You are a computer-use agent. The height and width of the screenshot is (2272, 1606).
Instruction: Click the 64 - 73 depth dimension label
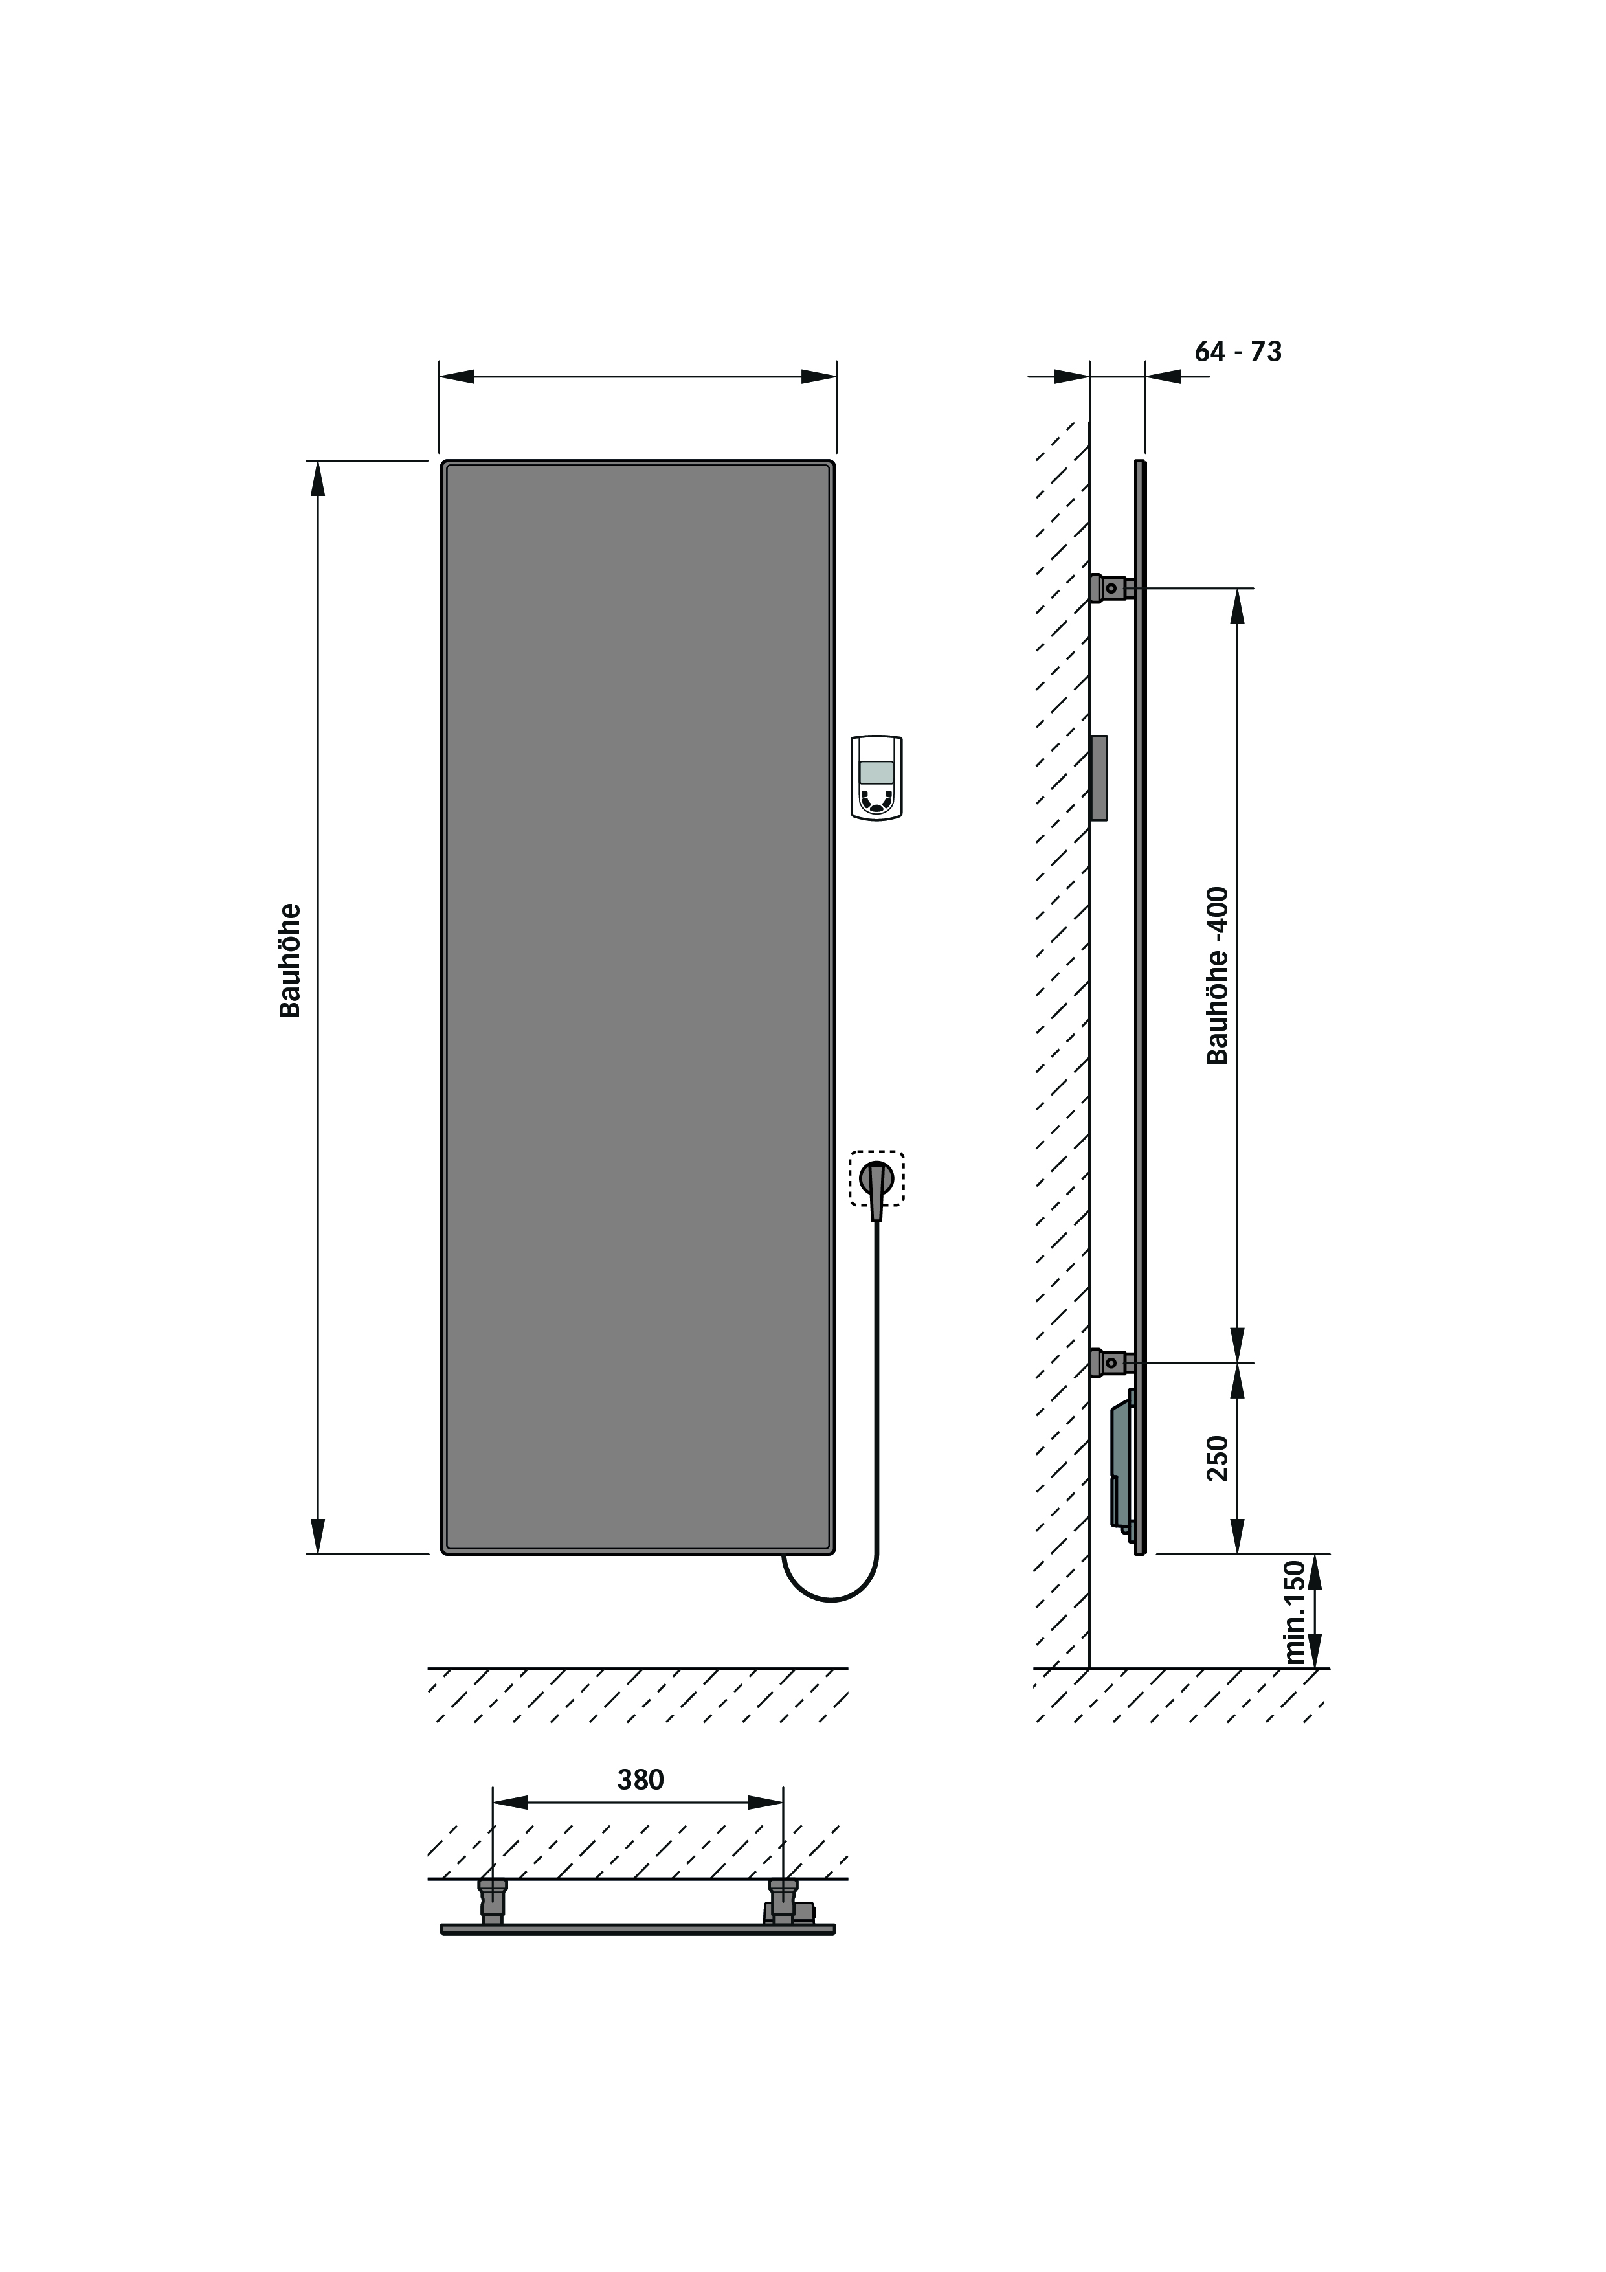coord(1238,352)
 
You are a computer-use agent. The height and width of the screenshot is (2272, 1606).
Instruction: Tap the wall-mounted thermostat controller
coord(876,778)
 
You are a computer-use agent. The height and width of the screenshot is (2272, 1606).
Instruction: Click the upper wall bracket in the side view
coord(1112,588)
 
